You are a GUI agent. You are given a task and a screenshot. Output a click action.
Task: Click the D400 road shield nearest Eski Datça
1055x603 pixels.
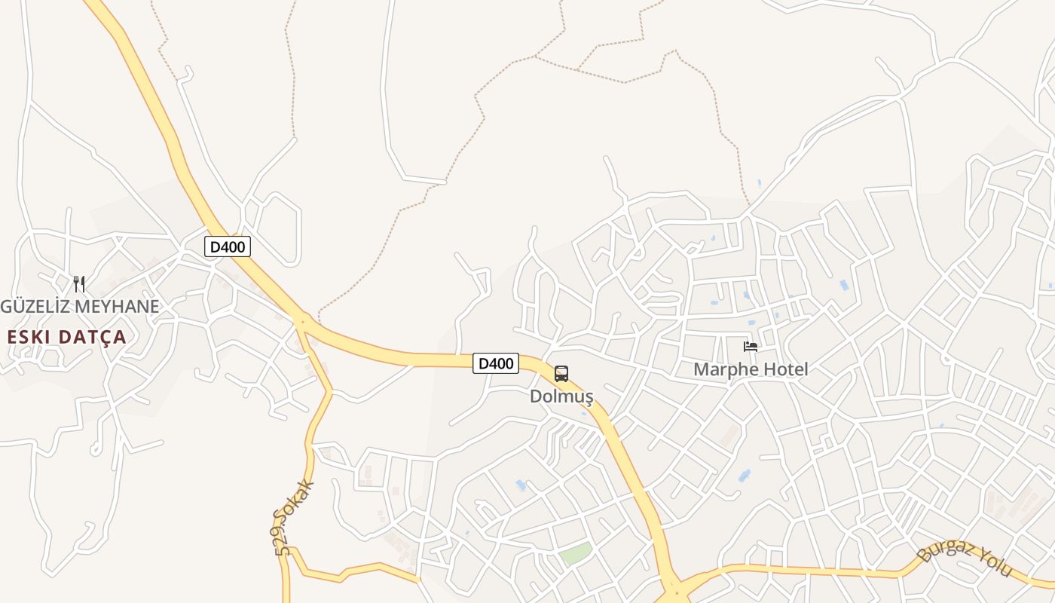pos(227,246)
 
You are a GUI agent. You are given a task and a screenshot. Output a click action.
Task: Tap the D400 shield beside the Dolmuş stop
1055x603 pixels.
pos(496,363)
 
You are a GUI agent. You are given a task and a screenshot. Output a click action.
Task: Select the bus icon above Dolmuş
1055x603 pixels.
pos(561,374)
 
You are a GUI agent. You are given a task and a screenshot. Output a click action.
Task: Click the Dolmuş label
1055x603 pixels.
pos(561,396)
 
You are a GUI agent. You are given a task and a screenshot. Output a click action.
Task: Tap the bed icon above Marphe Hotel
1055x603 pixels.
pos(751,347)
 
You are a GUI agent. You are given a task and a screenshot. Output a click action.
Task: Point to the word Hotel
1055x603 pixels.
pos(784,369)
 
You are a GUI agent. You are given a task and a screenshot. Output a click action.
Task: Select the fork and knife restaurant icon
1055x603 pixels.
pos(79,284)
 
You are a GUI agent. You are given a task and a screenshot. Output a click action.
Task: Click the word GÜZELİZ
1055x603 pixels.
pos(35,307)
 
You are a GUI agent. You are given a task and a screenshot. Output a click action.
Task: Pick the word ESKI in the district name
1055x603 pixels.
pos(29,337)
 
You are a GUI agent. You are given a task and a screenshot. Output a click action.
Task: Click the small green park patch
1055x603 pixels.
pos(575,554)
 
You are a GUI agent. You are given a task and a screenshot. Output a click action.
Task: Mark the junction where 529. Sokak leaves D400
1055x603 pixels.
pos(302,322)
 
